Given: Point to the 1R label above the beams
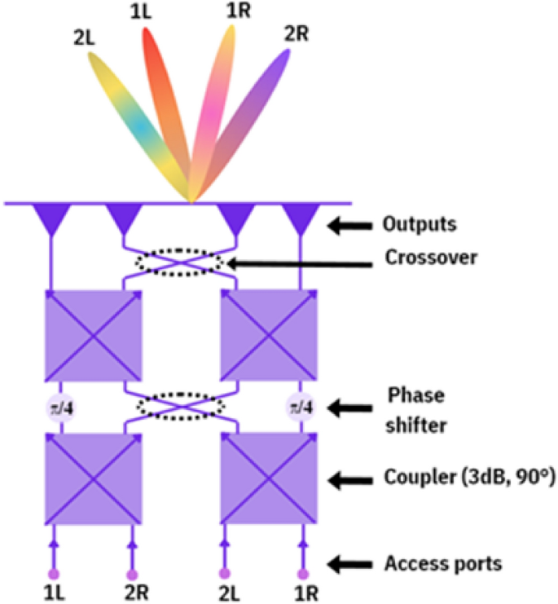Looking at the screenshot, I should pos(239,11).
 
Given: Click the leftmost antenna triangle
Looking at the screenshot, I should pos(51,216).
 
